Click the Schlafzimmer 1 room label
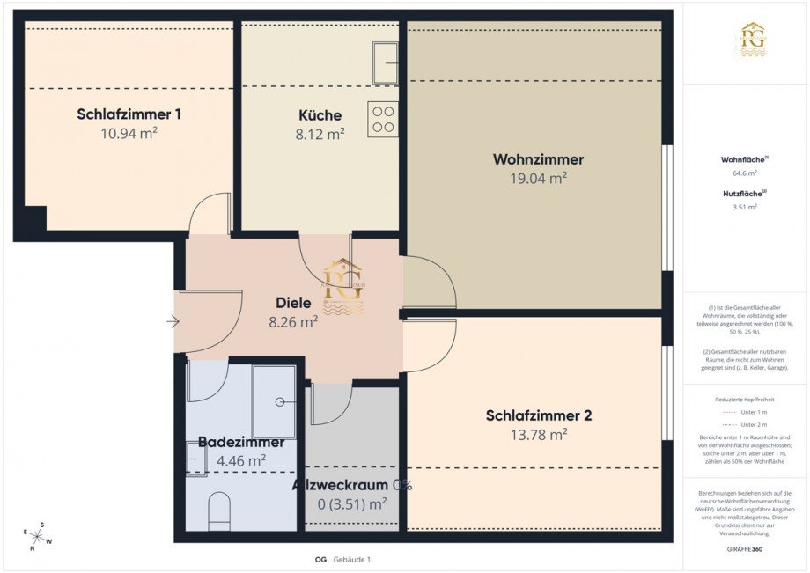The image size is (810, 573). [x=129, y=114]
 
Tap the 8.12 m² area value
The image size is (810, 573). [x=320, y=134]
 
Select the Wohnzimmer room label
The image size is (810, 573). [x=538, y=159]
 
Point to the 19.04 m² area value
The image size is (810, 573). [x=538, y=178]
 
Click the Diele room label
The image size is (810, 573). [x=293, y=303]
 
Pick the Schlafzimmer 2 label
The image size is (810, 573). [x=538, y=415]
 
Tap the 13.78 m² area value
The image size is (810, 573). [x=538, y=435]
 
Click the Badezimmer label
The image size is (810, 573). [x=240, y=442]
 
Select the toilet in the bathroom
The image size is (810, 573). [x=219, y=511]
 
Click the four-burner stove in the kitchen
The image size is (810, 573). [x=383, y=119]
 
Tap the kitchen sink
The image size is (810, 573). [x=385, y=63]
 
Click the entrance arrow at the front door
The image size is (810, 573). [x=173, y=322]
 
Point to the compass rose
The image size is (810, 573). [x=37, y=535]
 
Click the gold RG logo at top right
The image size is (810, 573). [x=752, y=40]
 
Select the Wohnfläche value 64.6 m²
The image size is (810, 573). [x=745, y=175]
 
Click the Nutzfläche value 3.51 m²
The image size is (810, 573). [x=745, y=207]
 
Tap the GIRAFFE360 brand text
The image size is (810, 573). [x=745, y=547]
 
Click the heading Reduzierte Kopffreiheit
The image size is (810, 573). [x=745, y=399]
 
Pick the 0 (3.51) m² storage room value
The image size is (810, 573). [x=351, y=504]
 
